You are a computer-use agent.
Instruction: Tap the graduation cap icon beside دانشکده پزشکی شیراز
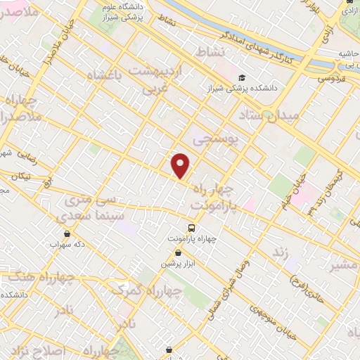point(242,78)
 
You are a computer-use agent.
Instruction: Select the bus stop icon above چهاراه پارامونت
point(191,228)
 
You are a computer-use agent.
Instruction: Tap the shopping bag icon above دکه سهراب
point(67,233)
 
